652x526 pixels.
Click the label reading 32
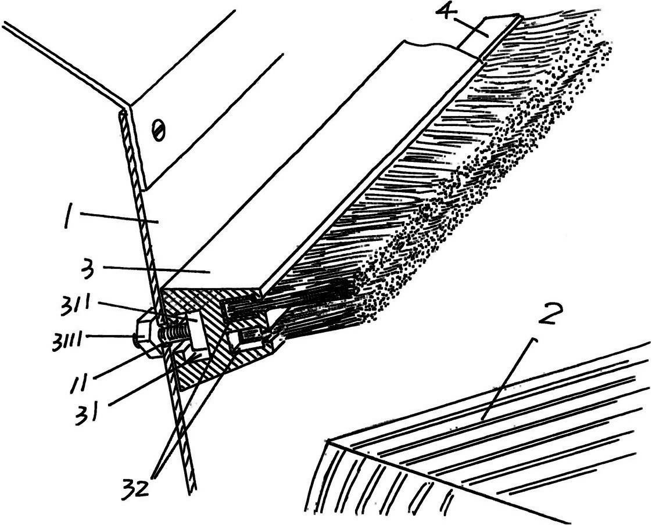[135, 489]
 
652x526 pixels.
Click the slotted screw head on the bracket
[159, 129]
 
